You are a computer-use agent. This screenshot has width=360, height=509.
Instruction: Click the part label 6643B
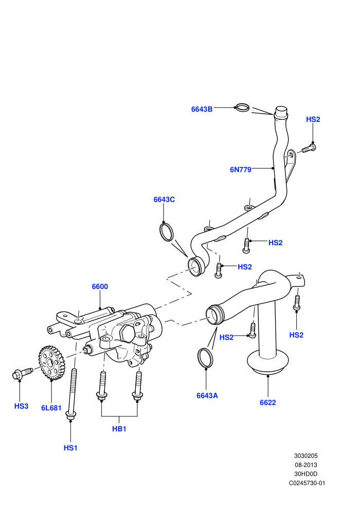pyautogui.click(x=202, y=109)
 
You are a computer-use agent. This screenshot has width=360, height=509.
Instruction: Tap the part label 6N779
pyautogui.click(x=241, y=170)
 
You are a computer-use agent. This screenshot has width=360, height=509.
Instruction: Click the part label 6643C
pyautogui.click(x=164, y=199)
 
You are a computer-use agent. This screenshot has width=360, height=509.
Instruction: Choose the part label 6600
pyautogui.click(x=100, y=286)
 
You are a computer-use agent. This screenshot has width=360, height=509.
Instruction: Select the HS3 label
pyautogui.click(x=21, y=406)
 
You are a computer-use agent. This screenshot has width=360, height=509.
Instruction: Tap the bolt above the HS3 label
pyautogui.click(x=23, y=374)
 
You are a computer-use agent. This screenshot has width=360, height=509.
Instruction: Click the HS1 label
pyautogui.click(x=70, y=448)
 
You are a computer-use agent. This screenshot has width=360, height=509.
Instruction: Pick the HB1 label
pyautogui.click(x=119, y=429)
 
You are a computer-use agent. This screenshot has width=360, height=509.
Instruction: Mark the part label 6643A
pyautogui.click(x=207, y=395)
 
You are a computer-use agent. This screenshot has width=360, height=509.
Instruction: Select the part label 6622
pyautogui.click(x=268, y=403)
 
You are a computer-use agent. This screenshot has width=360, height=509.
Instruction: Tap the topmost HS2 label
pyautogui.click(x=313, y=119)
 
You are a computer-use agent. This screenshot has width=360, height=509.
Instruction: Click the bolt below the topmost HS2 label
pyautogui.click(x=309, y=149)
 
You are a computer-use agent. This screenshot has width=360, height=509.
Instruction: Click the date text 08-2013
pyautogui.click(x=306, y=465)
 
